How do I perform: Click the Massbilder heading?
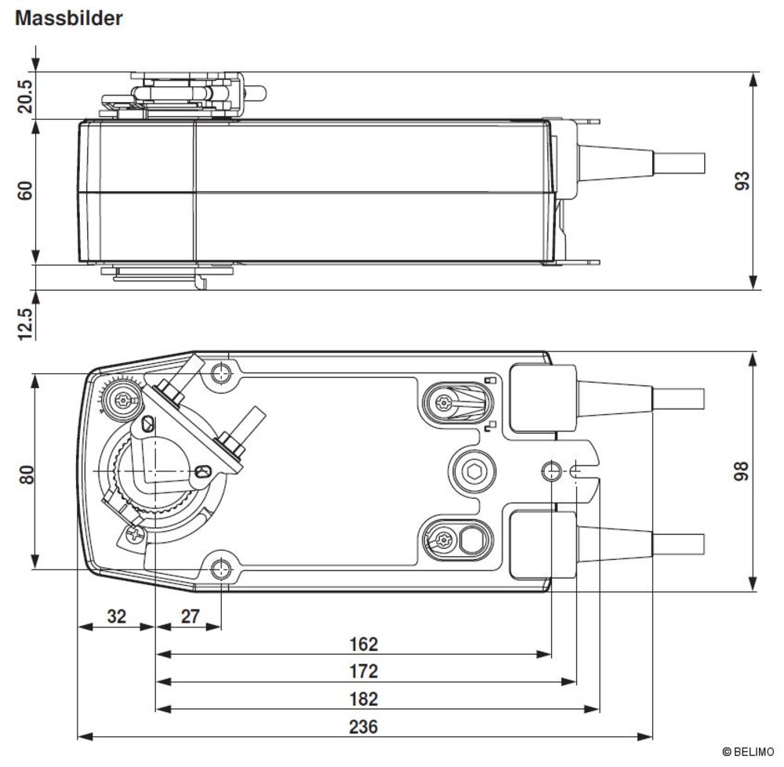[x=68, y=19]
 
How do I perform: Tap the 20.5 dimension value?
[x=25, y=96]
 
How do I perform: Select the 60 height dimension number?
[x=25, y=191]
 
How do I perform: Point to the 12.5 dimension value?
[x=25, y=324]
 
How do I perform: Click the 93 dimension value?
[x=742, y=180]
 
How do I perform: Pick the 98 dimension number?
[x=741, y=471]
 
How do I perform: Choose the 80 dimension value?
[x=27, y=474]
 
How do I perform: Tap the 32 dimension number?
[x=117, y=616]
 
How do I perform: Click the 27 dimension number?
[x=191, y=616]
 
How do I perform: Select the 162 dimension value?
[x=364, y=644]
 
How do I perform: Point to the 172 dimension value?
[x=364, y=671]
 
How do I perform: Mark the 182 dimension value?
[x=364, y=699]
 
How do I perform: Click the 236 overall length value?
[x=364, y=726]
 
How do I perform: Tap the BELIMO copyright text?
[x=748, y=752]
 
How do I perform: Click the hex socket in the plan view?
[x=473, y=471]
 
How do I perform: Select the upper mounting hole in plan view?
[x=220, y=373]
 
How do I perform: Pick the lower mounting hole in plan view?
[x=220, y=569]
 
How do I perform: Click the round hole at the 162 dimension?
[x=551, y=471]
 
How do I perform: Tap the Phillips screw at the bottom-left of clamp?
[x=135, y=535]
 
